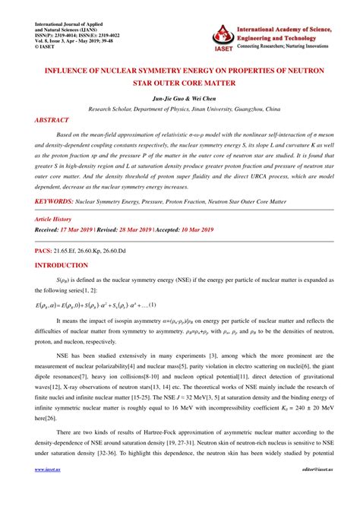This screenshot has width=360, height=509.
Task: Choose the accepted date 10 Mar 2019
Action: coord(194,229)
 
